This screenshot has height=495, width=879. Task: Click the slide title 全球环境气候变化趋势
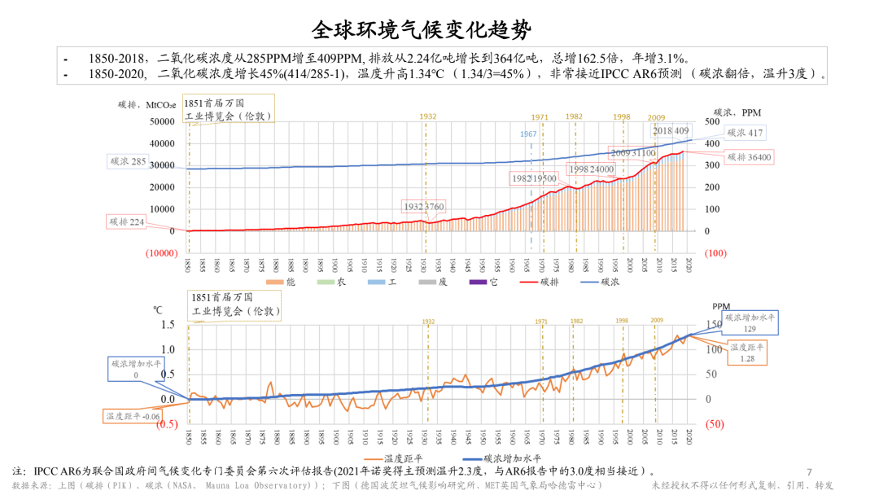(x=422, y=31)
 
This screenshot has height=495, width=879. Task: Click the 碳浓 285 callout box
(x=129, y=161)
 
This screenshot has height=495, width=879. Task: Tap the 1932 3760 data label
(x=424, y=207)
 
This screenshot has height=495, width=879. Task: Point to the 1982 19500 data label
(x=534, y=178)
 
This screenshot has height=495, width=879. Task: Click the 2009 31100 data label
(x=632, y=153)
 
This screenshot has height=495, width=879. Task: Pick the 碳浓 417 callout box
(x=745, y=133)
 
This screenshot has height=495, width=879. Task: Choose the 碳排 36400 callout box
(x=750, y=156)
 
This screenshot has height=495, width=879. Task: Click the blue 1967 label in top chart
(x=528, y=134)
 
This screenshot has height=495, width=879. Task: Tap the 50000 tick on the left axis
(x=161, y=121)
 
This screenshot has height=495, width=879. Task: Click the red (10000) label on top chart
(x=161, y=252)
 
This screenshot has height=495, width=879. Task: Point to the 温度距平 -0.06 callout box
(x=132, y=416)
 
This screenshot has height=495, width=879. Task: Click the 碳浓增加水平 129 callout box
(x=750, y=322)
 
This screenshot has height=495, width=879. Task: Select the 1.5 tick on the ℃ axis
(x=168, y=325)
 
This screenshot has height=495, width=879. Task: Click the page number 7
(x=809, y=472)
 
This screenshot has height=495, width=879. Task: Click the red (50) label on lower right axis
(x=714, y=423)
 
